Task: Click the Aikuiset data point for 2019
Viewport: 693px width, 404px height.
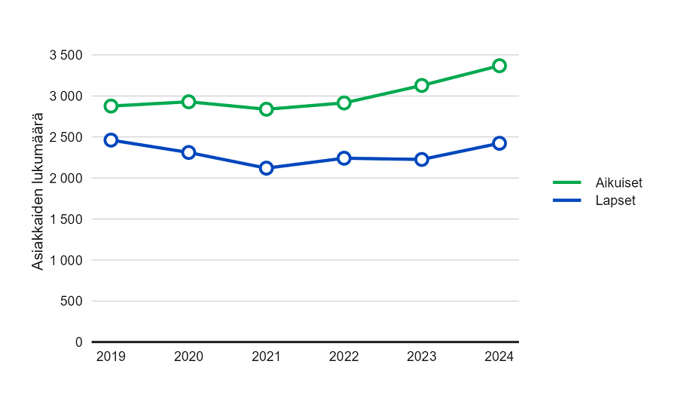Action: click(111, 106)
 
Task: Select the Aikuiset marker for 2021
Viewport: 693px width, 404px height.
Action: click(267, 109)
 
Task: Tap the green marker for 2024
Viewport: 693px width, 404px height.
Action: click(499, 66)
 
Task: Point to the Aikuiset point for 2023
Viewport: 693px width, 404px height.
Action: click(422, 85)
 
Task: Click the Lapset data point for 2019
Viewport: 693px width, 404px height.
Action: click(111, 140)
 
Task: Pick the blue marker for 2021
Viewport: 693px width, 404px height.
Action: click(267, 168)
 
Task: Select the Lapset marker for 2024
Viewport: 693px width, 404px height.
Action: click(499, 143)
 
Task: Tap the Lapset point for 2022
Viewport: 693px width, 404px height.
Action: click(344, 158)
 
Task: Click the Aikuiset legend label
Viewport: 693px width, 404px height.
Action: click(618, 182)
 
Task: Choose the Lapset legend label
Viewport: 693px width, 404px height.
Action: click(615, 200)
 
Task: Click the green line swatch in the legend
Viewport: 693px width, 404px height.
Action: click(567, 182)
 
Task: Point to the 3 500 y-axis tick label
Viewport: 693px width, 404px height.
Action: click(66, 55)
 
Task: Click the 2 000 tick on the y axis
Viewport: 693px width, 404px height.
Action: click(66, 178)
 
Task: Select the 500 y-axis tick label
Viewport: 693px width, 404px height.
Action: click(72, 301)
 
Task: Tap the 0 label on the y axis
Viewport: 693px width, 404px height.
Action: click(78, 342)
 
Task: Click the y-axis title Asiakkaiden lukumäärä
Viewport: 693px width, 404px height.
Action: click(37, 191)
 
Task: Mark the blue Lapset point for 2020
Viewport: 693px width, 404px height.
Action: click(189, 152)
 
